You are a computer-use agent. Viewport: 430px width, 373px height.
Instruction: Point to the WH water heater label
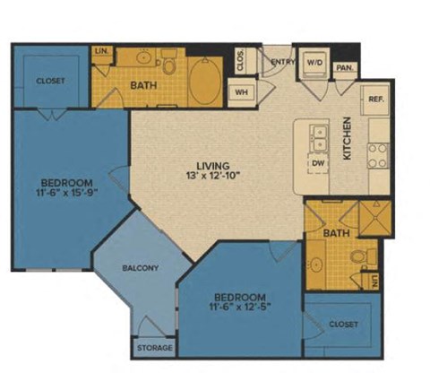[x=241, y=91]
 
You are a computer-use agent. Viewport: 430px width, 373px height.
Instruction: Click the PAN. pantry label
[x=343, y=67]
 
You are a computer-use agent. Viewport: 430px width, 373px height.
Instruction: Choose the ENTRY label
[x=283, y=62]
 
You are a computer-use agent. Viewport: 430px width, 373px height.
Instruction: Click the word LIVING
[x=214, y=166]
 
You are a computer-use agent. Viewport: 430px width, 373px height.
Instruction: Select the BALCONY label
[x=141, y=267]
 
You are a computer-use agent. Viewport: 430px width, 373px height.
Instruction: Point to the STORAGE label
[x=153, y=347]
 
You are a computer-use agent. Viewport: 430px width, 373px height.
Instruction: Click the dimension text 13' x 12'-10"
[x=214, y=177]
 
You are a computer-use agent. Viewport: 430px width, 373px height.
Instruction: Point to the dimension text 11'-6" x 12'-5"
[x=240, y=308]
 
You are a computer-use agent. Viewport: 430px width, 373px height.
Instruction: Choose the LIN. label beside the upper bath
[x=100, y=51]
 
